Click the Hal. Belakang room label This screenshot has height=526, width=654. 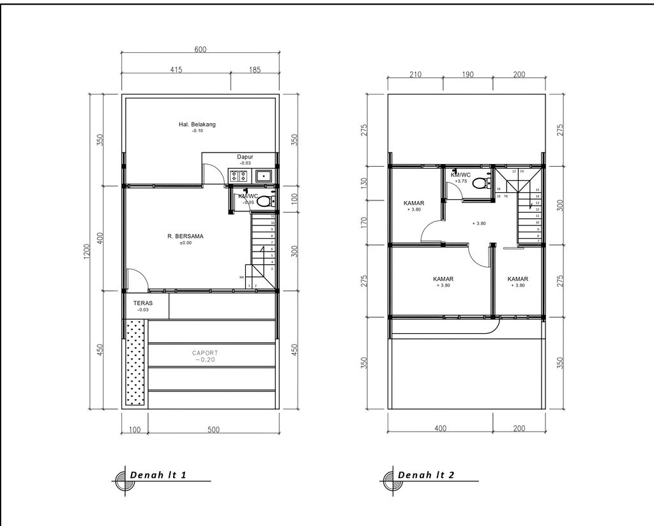click(x=197, y=124)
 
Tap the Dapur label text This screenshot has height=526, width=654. click(x=245, y=156)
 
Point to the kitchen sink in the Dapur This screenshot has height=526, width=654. click(x=263, y=176)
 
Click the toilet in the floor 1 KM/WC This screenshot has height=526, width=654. click(x=264, y=200)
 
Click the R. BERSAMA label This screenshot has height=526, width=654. click(x=185, y=236)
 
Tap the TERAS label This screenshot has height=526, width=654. click(x=142, y=304)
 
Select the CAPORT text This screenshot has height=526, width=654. click(x=205, y=352)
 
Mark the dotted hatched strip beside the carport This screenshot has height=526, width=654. click(x=135, y=363)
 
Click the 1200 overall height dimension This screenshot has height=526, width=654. click(x=86, y=252)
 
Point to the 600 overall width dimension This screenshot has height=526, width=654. click(x=200, y=50)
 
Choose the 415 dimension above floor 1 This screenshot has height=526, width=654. click(x=176, y=70)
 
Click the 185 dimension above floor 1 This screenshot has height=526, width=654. click(x=254, y=70)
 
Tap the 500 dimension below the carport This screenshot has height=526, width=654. click(x=213, y=430)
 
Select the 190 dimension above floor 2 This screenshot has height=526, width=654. click(x=468, y=75)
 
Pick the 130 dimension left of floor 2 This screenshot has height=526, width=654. click(x=364, y=183)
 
